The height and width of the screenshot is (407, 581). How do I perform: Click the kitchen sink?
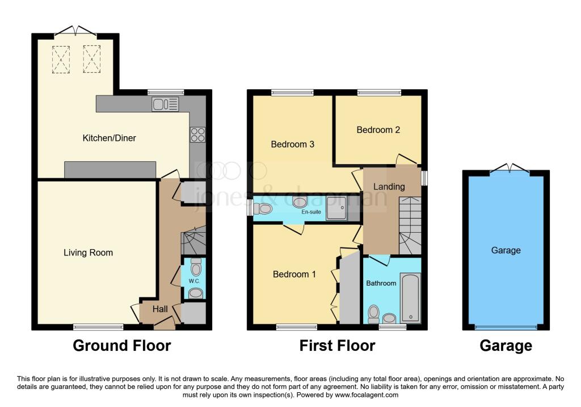165,104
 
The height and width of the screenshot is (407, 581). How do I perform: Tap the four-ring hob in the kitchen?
197,135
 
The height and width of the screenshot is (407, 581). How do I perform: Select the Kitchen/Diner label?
110,138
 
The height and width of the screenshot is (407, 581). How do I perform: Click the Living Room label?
88,253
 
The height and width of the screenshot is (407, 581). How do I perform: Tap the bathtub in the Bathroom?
409,298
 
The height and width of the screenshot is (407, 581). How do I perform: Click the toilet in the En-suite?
263,209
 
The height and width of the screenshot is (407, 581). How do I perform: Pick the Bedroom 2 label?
378,129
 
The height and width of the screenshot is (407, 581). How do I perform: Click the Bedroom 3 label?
292,144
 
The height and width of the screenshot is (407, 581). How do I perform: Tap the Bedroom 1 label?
294,274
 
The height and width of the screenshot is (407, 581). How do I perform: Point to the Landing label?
389,186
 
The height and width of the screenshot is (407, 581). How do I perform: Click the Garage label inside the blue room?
506,250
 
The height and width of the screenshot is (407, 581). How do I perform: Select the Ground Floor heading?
121,345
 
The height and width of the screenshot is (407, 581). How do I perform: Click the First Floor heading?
337,345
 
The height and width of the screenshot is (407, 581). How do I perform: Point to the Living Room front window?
98,327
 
